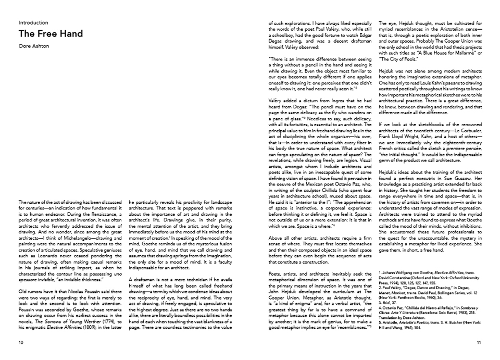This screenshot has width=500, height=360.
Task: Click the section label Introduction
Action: click(x=33, y=23)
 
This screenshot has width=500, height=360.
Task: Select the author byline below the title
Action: click(x=34, y=46)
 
